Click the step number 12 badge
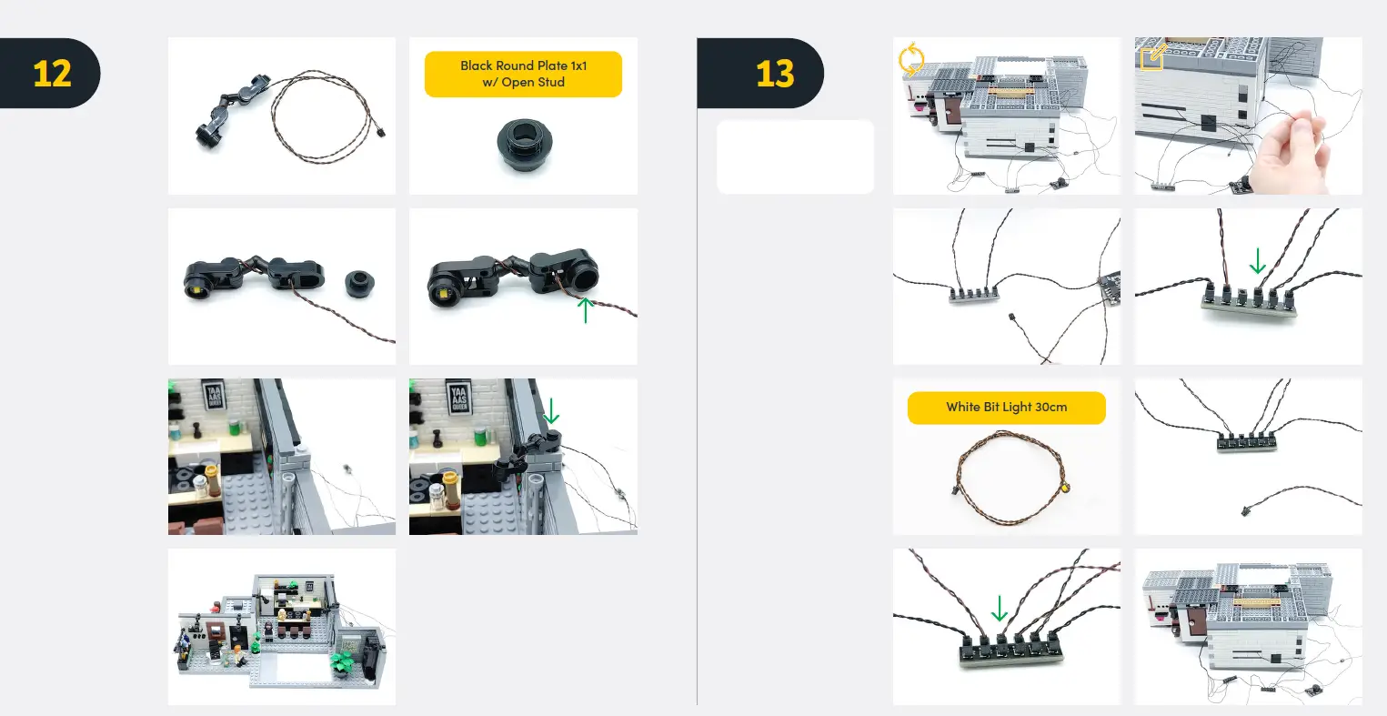tap(51, 74)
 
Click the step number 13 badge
tap(774, 74)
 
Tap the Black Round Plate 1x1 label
tap(523, 74)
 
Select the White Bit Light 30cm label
tap(1006, 408)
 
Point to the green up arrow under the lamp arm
tap(586, 309)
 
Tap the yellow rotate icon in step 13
tap(910, 60)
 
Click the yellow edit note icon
tap(1152, 57)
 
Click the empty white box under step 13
tap(795, 156)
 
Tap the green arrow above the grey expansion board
tap(1257, 262)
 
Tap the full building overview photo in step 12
tap(282, 626)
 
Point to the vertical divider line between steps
tap(697, 382)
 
